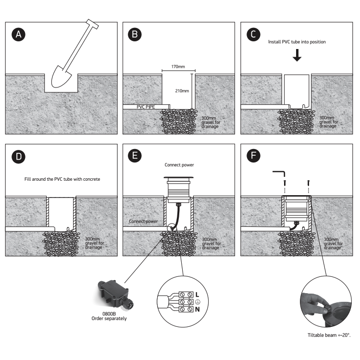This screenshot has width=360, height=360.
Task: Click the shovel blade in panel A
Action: tap(64, 77)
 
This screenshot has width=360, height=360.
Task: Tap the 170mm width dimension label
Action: tap(178, 67)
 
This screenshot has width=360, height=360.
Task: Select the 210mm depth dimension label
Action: tap(183, 90)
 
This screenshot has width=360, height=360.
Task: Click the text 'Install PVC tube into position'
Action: tap(297, 42)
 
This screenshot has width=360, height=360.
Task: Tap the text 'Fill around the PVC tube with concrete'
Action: tap(62, 179)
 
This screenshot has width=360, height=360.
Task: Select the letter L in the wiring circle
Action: tap(197, 294)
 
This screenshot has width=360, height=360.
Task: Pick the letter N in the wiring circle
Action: tap(197, 310)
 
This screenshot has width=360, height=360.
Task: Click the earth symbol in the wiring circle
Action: tap(197, 301)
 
